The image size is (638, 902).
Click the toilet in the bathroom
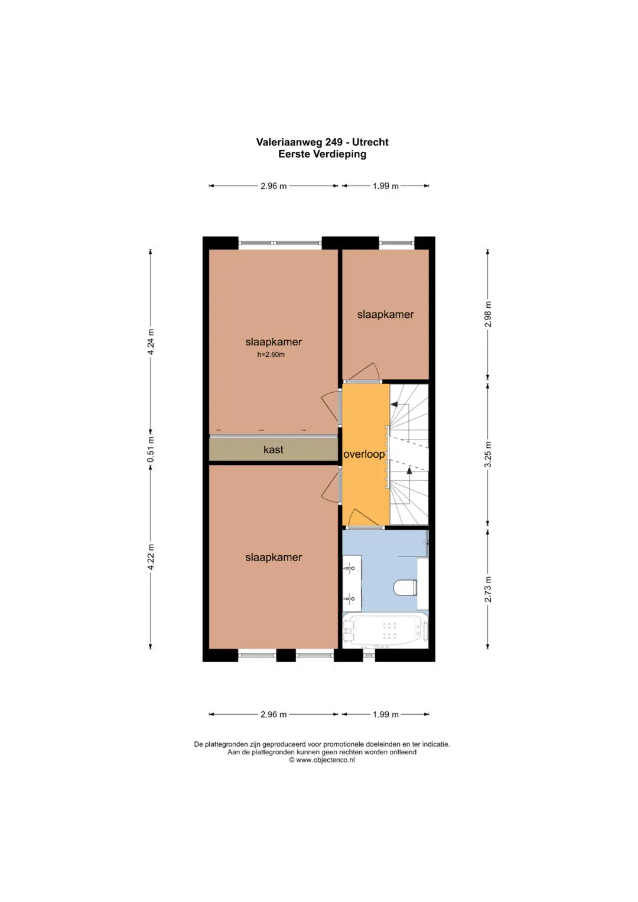pyautogui.click(x=406, y=588)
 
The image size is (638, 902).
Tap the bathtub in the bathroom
pyautogui.click(x=385, y=631)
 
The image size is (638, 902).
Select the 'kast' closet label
pyautogui.click(x=273, y=450)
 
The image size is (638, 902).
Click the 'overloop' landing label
pyautogui.click(x=364, y=454)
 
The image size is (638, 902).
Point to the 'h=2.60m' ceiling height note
pyautogui.click(x=271, y=355)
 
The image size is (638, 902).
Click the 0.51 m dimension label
pyautogui.click(x=151, y=450)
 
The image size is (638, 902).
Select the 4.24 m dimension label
pyautogui.click(x=151, y=342)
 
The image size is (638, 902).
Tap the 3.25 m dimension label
pyautogui.click(x=487, y=454)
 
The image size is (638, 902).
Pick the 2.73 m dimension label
pyautogui.click(x=487, y=589)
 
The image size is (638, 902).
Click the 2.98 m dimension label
pyautogui.click(x=487, y=314)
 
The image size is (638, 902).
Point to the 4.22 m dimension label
pyautogui.click(x=151, y=557)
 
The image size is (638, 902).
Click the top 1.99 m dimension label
pyautogui.click(x=385, y=186)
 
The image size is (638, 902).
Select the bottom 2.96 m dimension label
pyautogui.click(x=274, y=714)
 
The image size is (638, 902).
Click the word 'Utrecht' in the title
pyautogui.click(x=370, y=142)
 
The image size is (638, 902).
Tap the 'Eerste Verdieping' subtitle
pyautogui.click(x=322, y=154)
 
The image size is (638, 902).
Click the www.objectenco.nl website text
pyautogui.click(x=325, y=760)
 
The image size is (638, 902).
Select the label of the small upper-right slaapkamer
pyautogui.click(x=385, y=314)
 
